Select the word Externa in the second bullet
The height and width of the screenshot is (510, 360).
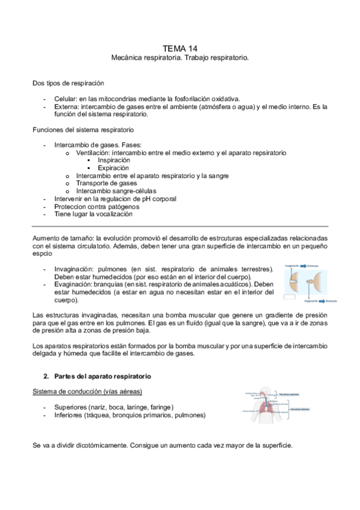66,106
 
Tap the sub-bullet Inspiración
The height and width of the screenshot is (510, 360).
113,161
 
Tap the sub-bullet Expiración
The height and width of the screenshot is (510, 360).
113,168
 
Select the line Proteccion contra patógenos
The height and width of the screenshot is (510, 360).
93,206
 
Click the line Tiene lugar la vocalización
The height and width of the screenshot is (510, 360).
93,214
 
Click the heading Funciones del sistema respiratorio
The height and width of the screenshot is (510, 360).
82,129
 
